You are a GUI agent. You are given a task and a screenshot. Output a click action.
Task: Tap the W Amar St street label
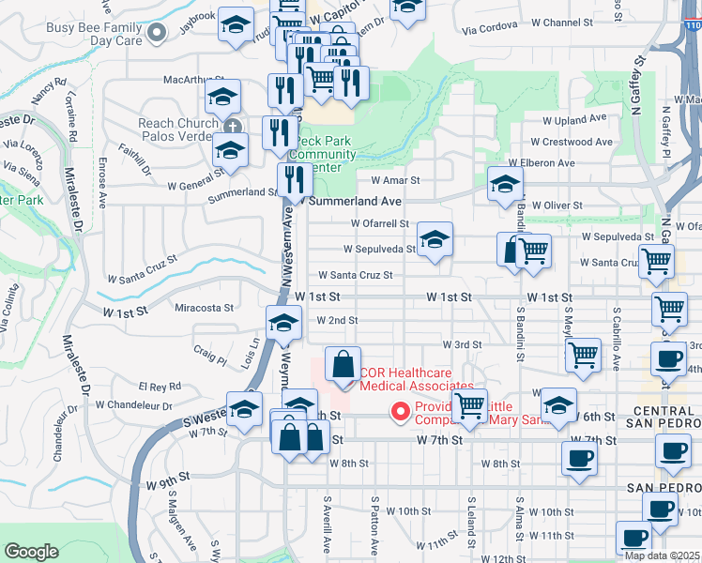click(x=395, y=180)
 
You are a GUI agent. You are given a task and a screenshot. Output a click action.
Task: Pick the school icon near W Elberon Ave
click(x=505, y=183)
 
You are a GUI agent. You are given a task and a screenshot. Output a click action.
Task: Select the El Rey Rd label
click(x=160, y=387)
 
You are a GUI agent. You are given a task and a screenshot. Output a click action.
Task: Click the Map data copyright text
click(x=661, y=555)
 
